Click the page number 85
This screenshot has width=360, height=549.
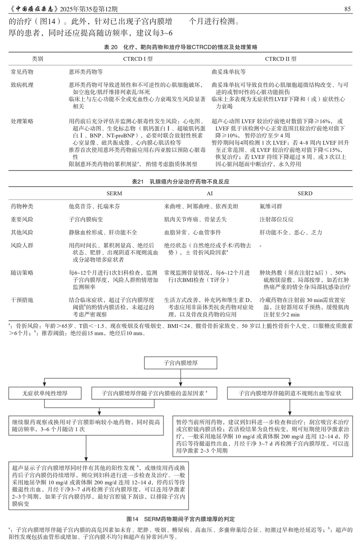tap(347, 9)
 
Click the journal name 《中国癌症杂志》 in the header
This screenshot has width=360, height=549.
tap(33, 9)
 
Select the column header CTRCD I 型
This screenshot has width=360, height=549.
tap(138, 59)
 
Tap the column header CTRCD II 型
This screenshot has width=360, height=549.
tap(280, 59)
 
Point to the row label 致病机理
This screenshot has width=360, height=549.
tap(22, 85)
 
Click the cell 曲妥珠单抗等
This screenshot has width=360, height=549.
tap(229, 72)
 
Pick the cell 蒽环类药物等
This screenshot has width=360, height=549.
tap(86, 72)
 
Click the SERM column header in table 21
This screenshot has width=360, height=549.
tap(114, 193)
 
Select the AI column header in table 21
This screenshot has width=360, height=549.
tap(210, 193)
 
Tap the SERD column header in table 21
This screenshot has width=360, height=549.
tap(305, 193)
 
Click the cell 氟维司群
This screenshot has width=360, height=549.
tap(271, 206)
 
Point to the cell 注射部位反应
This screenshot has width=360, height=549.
tap(277, 219)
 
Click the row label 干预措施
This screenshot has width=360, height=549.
tap(22, 300)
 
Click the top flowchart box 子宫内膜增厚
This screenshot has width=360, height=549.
tap(180, 363)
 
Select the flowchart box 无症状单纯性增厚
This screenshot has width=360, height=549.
tap(45, 393)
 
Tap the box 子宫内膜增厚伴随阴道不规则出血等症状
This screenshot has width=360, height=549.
tap(290, 393)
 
